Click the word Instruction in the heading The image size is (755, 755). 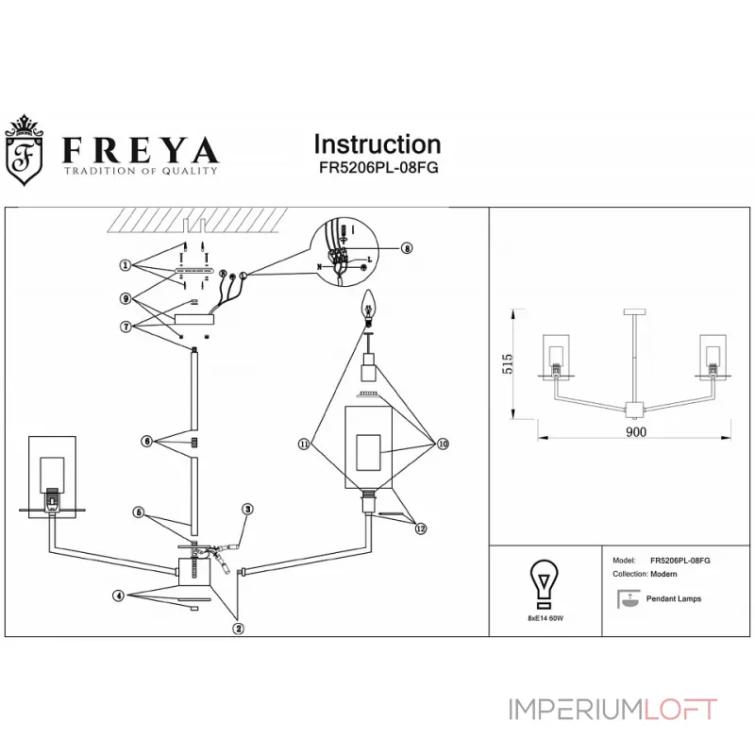pos(377,144)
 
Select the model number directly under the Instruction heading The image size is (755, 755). pos(377,167)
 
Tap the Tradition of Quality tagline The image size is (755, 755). pos(140,171)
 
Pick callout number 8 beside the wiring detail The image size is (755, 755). pos(407,249)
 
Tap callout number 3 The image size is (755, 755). pos(247,510)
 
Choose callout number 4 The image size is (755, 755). pos(119,596)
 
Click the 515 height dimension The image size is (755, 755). pos(507,364)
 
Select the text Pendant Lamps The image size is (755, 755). pos(673,598)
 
